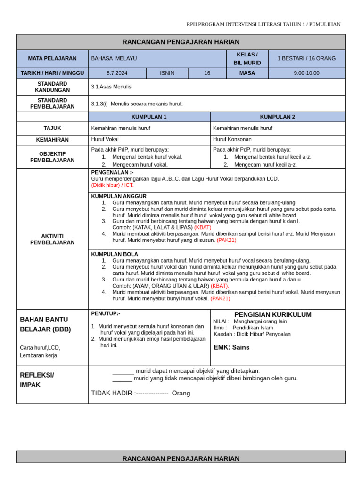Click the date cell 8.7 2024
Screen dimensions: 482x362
[x=117, y=73]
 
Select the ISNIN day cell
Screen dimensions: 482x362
[x=167, y=73]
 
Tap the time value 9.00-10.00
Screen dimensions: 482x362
[x=306, y=73]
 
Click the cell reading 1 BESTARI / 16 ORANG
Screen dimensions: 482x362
[x=306, y=58]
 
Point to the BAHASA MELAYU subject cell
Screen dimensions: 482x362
[x=114, y=58]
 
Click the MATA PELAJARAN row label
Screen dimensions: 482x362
[x=52, y=58]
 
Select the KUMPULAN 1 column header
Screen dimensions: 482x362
[x=149, y=117]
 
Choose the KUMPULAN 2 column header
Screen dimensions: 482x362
[x=278, y=117]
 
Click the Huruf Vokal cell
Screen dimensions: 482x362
[x=105, y=139]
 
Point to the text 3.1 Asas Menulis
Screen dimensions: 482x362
[x=111, y=87]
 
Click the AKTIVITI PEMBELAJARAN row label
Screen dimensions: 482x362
[x=52, y=239]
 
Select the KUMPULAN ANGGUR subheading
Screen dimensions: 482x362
[x=119, y=196]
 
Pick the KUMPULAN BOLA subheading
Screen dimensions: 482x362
[x=115, y=254]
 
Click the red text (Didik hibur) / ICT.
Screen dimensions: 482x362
[x=112, y=185]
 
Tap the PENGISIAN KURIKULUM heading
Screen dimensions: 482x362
[x=272, y=314]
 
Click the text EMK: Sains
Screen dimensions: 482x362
[x=231, y=347]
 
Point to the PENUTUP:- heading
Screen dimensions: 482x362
[x=106, y=313]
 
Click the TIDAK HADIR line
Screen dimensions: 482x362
[x=140, y=393]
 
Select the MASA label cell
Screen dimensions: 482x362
[x=247, y=73]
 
